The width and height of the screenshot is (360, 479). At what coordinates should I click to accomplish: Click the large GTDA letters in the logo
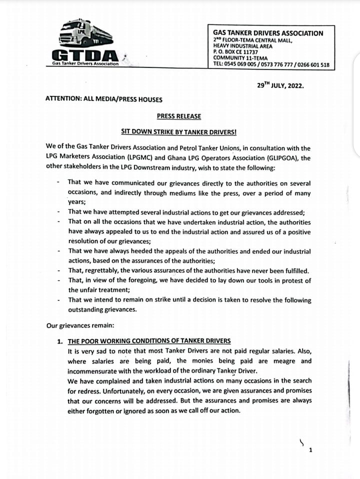coord(84,55)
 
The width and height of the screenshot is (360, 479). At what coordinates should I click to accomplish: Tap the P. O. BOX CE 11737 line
coord(235,51)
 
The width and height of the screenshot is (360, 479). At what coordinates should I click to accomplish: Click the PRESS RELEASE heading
coord(178,116)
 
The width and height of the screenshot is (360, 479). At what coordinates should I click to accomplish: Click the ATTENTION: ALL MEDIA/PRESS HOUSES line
coord(103,99)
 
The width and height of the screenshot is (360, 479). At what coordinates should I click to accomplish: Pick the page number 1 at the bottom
coord(310,450)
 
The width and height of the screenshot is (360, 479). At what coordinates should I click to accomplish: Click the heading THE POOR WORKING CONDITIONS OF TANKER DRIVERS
coord(149,341)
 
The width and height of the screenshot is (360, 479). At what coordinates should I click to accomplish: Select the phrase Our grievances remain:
coord(80,325)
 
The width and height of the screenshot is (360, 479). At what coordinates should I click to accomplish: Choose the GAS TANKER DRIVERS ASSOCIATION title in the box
coord(268,33)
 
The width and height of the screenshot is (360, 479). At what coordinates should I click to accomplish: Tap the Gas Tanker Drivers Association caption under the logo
coord(85,64)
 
